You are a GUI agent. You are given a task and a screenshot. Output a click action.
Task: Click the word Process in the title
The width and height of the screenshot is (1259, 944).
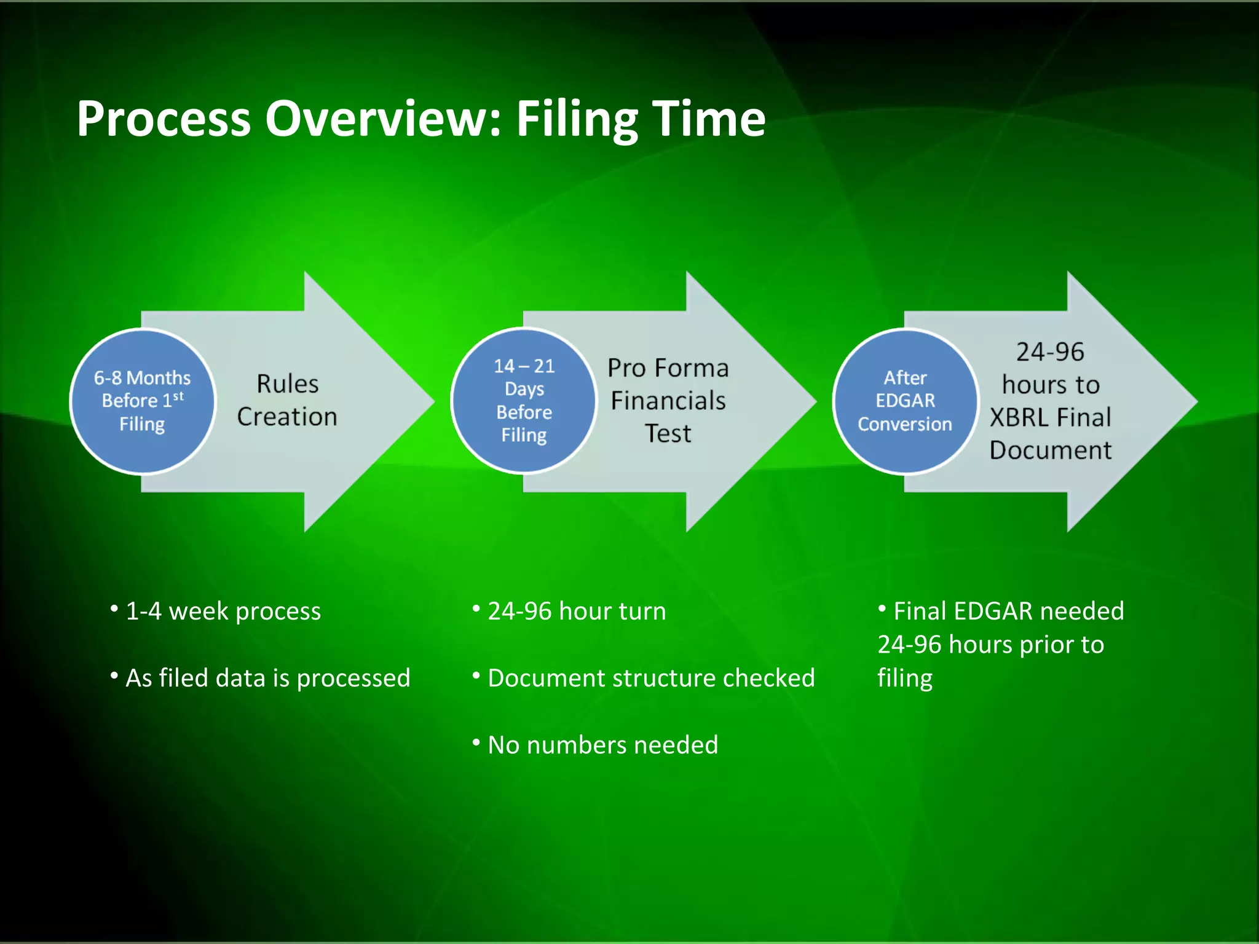pyautogui.click(x=164, y=119)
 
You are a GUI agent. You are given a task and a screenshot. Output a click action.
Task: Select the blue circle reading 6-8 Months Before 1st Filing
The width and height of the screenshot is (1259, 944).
pyautogui.click(x=143, y=401)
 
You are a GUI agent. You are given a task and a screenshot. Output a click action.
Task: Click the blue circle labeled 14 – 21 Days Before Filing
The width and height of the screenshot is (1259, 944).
pyautogui.click(x=524, y=401)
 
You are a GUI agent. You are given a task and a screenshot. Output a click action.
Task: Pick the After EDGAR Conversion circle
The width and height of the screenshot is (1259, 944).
pyautogui.click(x=905, y=401)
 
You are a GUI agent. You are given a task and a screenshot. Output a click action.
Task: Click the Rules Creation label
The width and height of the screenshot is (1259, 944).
pyautogui.click(x=287, y=400)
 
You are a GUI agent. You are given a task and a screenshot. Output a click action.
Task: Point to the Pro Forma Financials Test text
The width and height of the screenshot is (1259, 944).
pyautogui.click(x=668, y=401)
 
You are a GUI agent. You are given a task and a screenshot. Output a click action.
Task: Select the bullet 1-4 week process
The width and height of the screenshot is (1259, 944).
pyautogui.click(x=223, y=612)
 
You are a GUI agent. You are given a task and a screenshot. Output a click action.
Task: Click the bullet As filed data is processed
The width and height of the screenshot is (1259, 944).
pyautogui.click(x=267, y=678)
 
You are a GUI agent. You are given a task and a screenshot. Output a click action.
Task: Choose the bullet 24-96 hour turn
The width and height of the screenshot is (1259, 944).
pyautogui.click(x=576, y=612)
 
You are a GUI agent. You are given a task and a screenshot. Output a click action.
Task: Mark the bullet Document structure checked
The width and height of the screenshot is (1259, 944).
pyautogui.click(x=650, y=678)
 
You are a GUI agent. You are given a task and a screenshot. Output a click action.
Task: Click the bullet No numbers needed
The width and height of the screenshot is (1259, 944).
pyautogui.click(x=602, y=745)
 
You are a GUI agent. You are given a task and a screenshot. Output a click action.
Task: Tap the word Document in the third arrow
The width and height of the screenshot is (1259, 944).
pyautogui.click(x=1050, y=450)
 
